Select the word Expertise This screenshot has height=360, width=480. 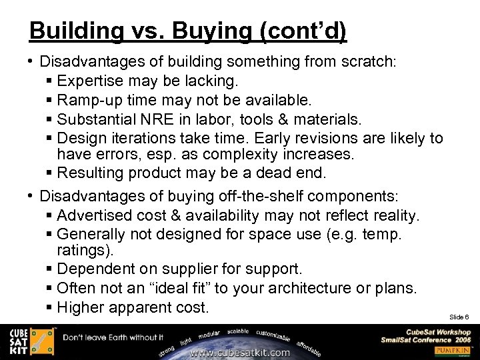pyautogui.click(x=93, y=81)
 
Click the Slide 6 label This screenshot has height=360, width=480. pyautogui.click(x=459, y=317)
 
